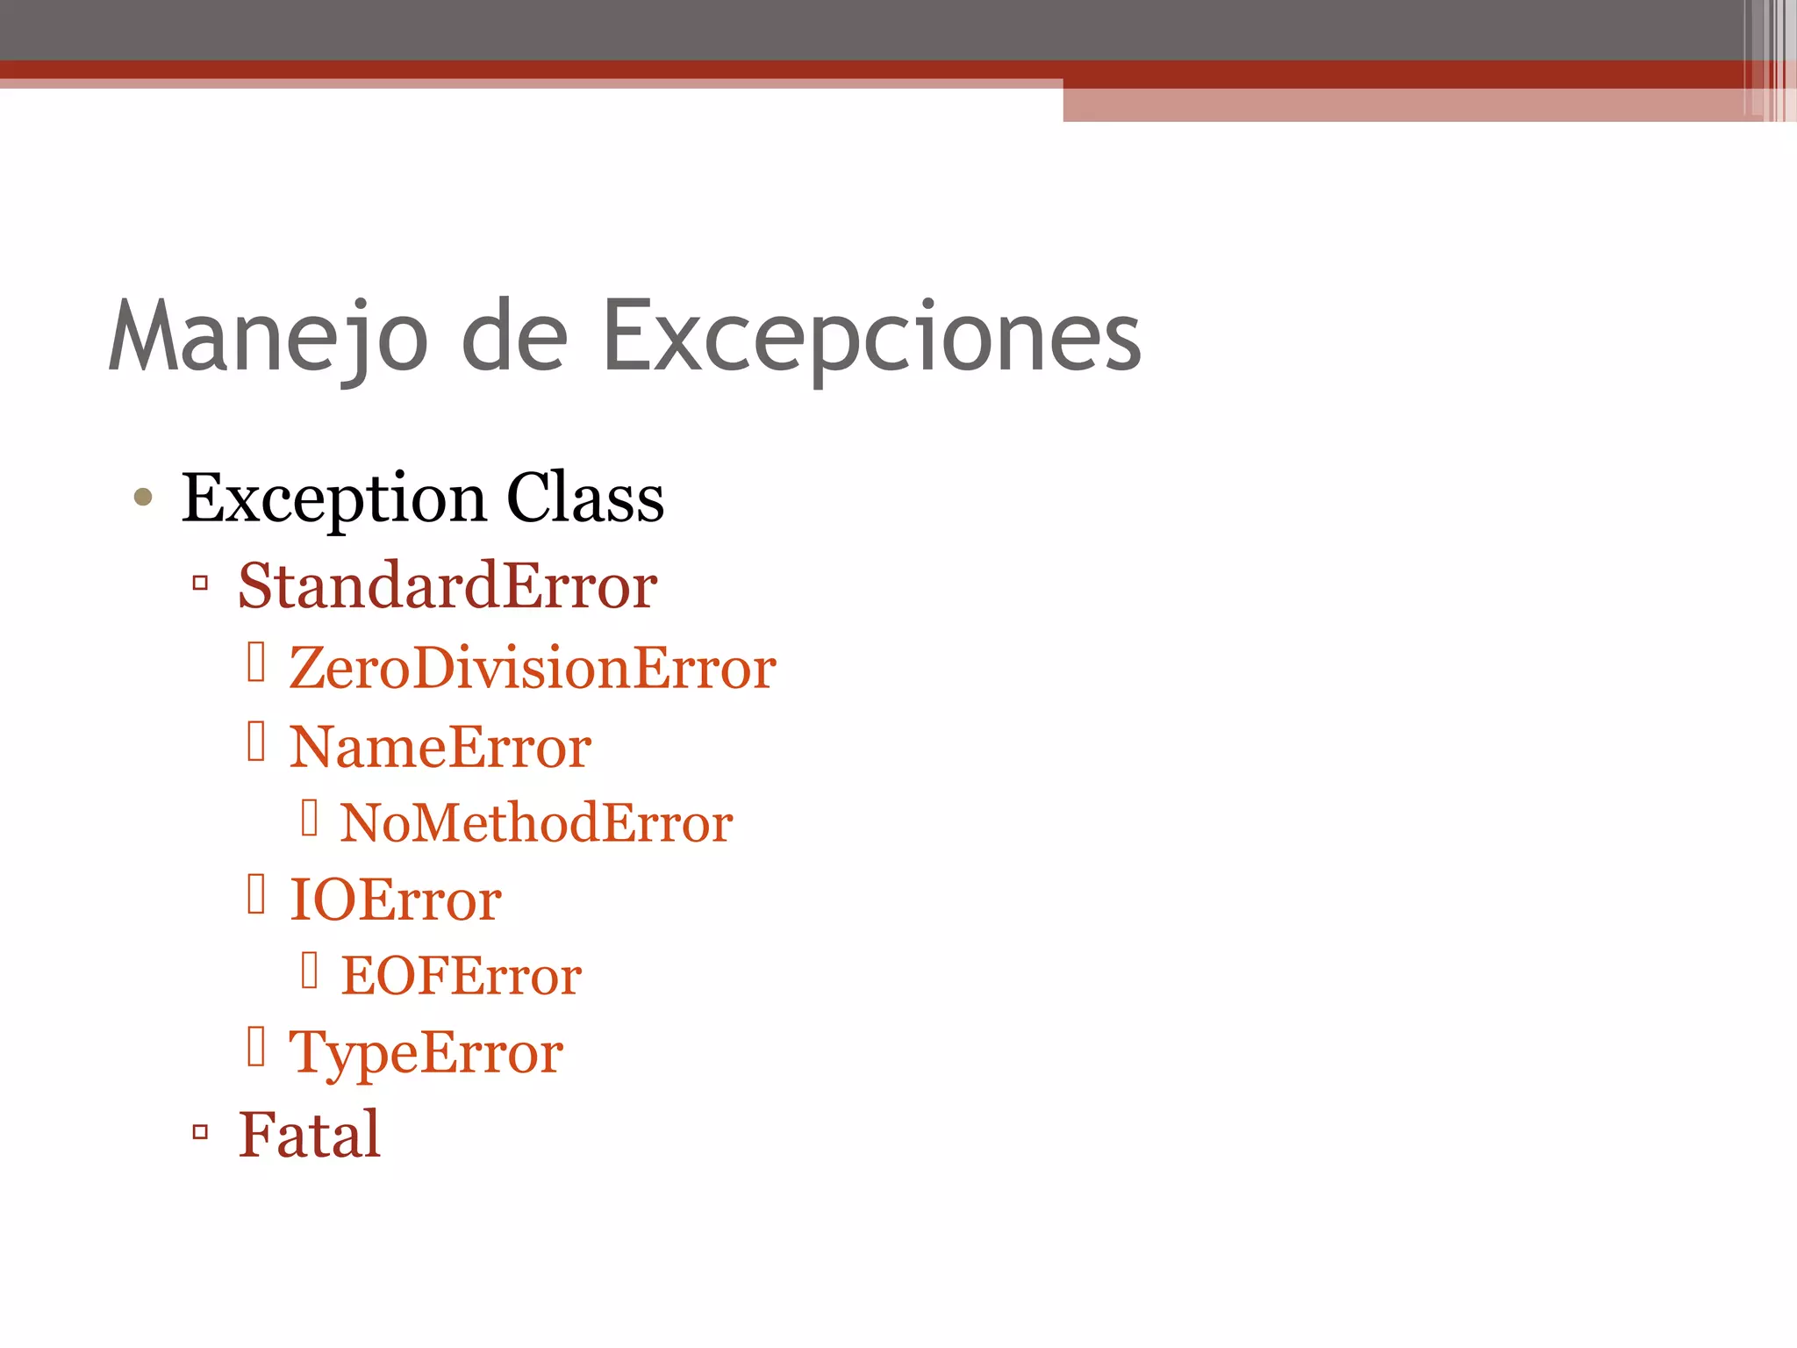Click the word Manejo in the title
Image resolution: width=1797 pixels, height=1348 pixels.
coord(268,337)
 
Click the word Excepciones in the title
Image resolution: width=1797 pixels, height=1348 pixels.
coord(871,337)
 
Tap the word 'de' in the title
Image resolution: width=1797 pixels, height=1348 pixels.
coord(514,337)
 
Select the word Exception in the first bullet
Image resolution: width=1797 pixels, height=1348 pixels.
coord(333,499)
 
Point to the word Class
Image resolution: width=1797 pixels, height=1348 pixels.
coord(585,498)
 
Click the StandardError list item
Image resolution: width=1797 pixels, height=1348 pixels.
coord(447,585)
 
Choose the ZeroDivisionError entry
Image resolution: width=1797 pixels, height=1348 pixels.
coord(532,668)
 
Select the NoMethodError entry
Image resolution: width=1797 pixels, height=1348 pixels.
coord(536,823)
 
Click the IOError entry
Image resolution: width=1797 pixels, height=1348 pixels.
coord(396,900)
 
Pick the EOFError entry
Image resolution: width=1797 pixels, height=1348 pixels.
coord(461,976)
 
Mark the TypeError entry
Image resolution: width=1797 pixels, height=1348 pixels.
coord(426,1052)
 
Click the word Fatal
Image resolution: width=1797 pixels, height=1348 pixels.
coord(310,1134)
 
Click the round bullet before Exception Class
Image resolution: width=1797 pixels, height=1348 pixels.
coord(143,498)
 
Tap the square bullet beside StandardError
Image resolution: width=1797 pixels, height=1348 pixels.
coord(200,582)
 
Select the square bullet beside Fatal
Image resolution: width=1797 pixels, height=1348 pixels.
coord(200,1131)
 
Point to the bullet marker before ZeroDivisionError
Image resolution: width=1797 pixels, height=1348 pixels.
coord(256,662)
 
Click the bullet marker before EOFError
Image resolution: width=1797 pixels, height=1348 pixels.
coord(309,970)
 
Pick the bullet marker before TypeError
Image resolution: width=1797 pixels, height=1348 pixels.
coord(256,1045)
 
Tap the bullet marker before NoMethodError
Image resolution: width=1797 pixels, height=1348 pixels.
coord(309,817)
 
